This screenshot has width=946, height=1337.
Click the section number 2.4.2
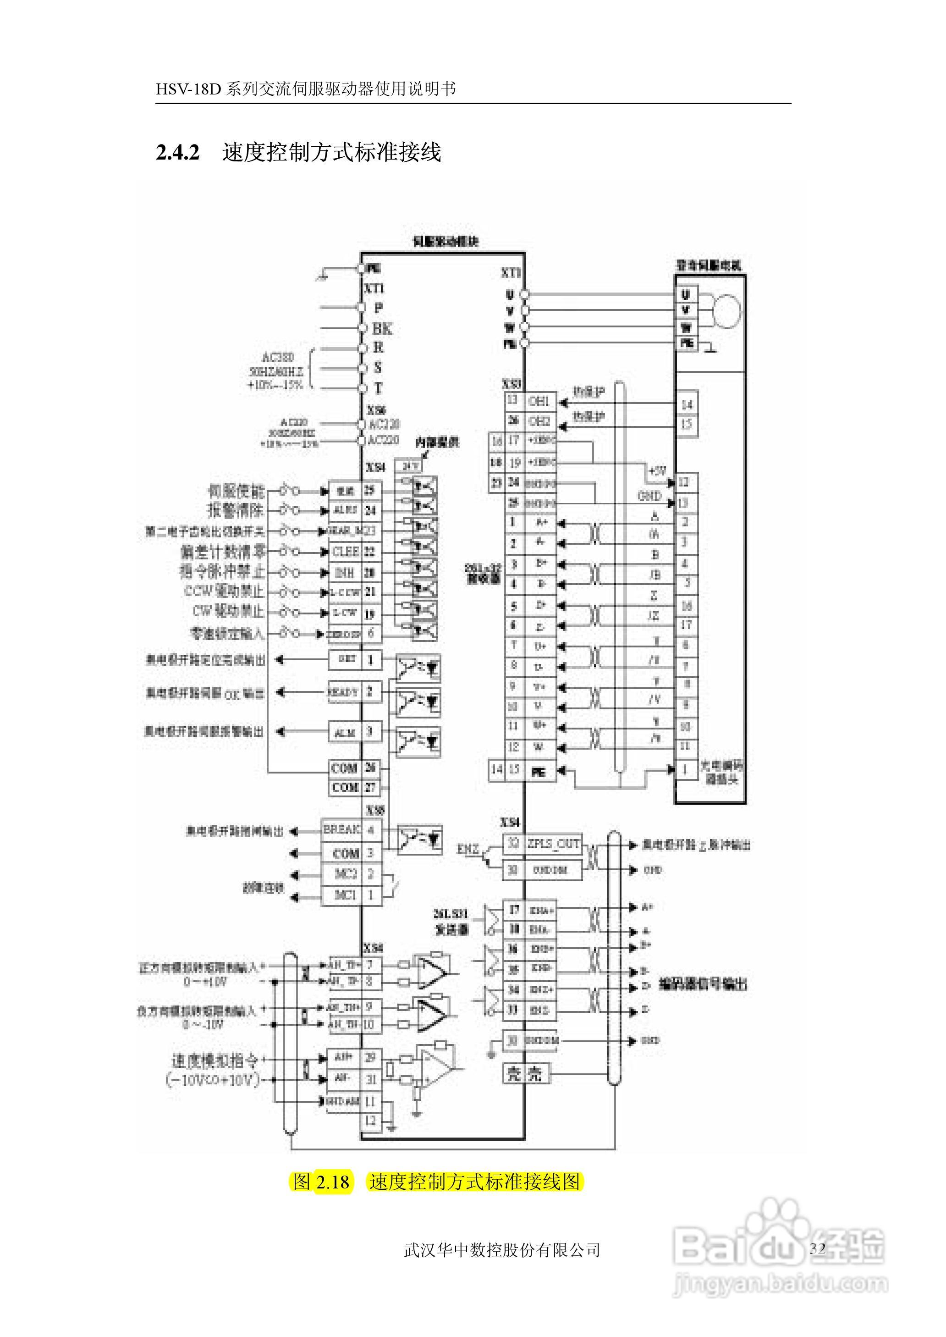pos(178,153)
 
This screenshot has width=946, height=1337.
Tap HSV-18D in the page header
pos(187,89)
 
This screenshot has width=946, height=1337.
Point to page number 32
pos(817,1248)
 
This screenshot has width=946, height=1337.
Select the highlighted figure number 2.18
pos(333,1182)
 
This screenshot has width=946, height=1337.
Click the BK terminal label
pos(382,329)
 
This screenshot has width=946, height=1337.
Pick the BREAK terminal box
pos(341,829)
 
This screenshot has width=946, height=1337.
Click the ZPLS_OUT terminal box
pos(553,844)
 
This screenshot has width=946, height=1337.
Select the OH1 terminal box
pos(539,401)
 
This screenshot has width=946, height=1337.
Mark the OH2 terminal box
pos(539,420)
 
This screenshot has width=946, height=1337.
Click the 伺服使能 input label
pos(236,491)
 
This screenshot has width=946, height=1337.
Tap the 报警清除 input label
pos(236,510)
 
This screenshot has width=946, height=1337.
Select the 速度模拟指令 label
pos(214,1060)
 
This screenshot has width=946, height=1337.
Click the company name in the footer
pos(501,1249)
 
